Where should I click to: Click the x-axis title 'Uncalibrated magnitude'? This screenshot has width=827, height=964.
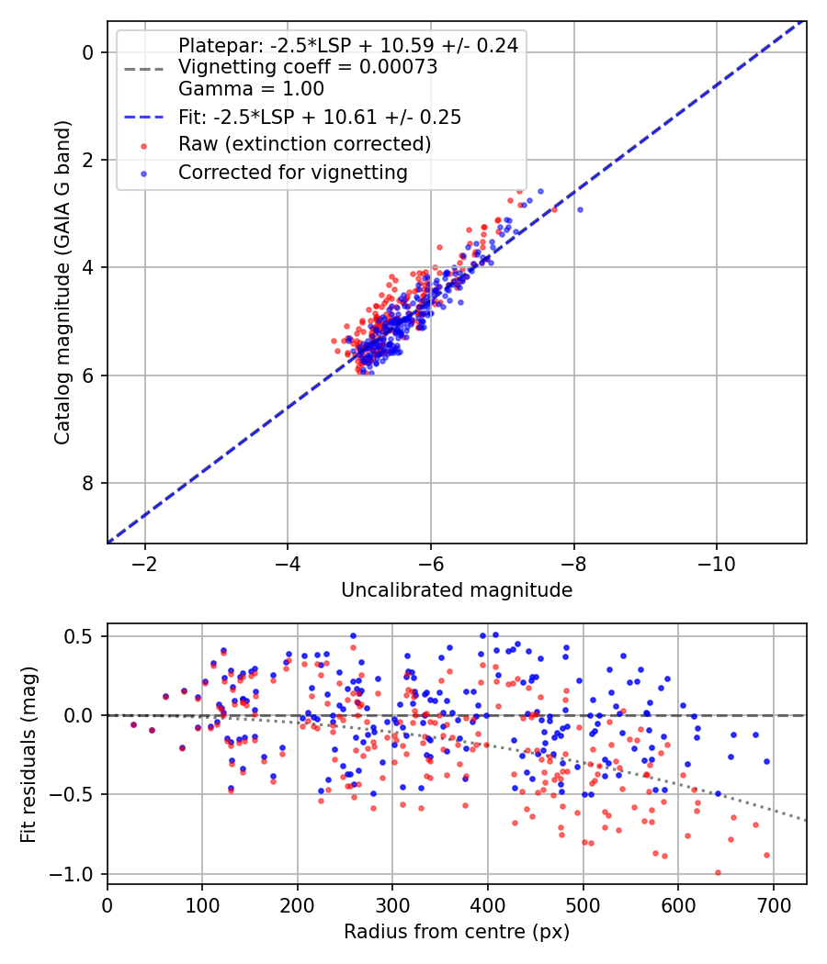457,590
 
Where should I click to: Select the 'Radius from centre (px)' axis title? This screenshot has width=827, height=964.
457,932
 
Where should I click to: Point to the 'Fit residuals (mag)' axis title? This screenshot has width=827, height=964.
29,754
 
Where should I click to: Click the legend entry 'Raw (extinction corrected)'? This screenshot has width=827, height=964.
304,144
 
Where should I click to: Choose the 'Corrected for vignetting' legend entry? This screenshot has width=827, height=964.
292,172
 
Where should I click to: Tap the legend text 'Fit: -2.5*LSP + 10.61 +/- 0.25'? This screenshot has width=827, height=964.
320,117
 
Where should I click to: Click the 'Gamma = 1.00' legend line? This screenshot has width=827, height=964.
251,89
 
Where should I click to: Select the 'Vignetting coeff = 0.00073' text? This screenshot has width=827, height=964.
308,67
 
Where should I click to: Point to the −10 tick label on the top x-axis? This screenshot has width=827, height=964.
717,564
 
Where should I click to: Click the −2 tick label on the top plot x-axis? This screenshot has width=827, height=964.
145,564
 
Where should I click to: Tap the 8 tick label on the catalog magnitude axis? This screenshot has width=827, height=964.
88,483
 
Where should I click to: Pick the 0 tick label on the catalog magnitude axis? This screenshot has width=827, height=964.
88,52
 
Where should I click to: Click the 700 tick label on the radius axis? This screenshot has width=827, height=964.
773,905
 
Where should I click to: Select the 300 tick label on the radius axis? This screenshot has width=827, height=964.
392,905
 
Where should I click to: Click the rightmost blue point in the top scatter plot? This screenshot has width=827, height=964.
580,209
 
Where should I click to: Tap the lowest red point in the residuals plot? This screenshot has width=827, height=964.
718,872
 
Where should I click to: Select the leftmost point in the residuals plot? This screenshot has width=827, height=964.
133,724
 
